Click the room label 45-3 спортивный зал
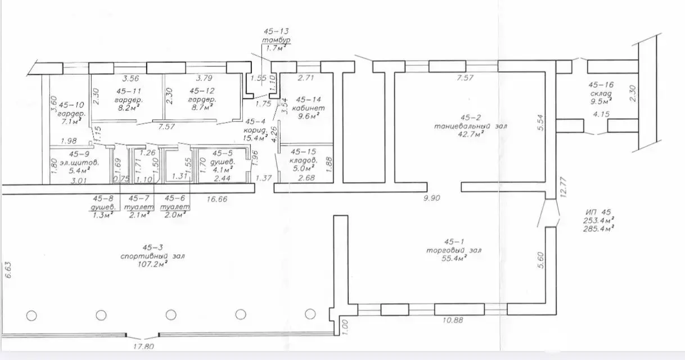click(152, 256)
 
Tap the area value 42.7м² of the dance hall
click(471, 134)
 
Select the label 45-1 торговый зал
click(454, 250)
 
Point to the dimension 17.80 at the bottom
click(143, 346)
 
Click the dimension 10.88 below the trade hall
click(453, 320)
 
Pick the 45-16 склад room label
click(601, 93)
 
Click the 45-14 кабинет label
click(308, 108)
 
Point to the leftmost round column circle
click(31, 316)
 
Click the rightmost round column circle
click(310, 314)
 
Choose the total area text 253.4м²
click(599, 220)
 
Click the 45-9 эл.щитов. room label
click(79, 162)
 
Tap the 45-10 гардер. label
click(71, 114)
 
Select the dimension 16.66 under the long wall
click(217, 199)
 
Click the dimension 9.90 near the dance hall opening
click(431, 198)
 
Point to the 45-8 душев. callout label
click(103, 207)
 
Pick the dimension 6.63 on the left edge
click(8, 270)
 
